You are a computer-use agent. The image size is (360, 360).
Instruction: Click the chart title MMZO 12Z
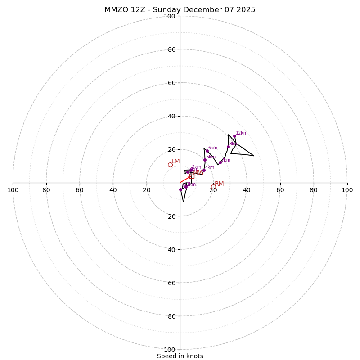pos(180,10)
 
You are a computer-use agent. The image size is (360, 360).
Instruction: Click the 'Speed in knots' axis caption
pos(180,356)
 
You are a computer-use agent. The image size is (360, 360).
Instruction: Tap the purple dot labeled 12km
pos(234,136)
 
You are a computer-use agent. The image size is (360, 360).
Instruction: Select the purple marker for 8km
pos(228,147)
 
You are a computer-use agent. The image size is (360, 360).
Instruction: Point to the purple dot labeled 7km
pos(220,162)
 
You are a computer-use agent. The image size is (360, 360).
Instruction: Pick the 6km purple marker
pos(207,151)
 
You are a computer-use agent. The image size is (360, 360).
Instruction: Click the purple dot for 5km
pos(205,160)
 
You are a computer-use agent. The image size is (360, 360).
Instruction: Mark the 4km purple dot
pos(204,170)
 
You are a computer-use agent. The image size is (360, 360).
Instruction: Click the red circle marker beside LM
pos(170,165)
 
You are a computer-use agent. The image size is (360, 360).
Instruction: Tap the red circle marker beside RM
pos(213,187)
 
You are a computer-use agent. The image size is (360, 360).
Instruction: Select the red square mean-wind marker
pos(192,176)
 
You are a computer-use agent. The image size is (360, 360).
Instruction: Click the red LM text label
pos(175,161)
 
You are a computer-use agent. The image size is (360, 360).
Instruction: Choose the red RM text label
pos(219,184)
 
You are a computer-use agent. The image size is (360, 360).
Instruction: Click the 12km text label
pos(242,133)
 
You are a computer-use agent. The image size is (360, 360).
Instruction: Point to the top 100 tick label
pos(170,16)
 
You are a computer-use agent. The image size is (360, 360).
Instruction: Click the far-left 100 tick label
pos(13,190)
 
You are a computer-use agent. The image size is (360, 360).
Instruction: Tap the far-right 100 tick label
pos(347,190)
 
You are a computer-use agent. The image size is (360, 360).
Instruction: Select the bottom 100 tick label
pos(170,349)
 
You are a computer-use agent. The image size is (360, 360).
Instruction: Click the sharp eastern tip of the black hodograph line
pos(253,156)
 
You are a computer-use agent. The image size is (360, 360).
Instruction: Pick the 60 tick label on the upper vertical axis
pos(171,83)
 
